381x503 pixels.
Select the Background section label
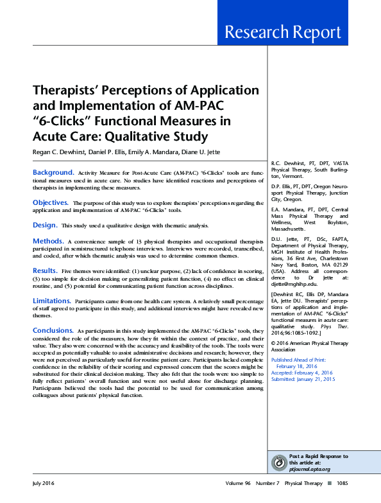tap(53, 173)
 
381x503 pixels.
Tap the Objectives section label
tap(51, 202)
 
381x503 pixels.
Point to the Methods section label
tap(48, 240)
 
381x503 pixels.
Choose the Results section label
tap(46, 270)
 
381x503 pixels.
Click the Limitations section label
tap(52, 300)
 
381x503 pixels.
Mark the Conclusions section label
tap(53, 330)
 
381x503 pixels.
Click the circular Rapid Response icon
tap(279, 463)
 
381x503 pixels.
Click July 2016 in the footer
tap(46, 482)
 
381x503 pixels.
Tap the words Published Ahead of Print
tap(298, 360)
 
